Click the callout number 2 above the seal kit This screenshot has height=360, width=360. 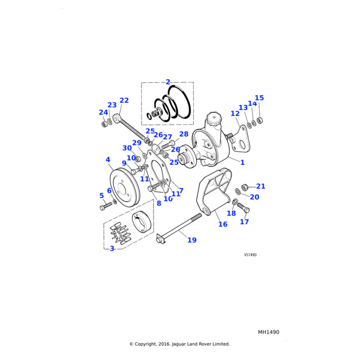[168, 82]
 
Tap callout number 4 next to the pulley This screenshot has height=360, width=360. [108, 160]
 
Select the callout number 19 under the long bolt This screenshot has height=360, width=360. [192, 241]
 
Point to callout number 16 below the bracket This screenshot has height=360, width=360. [223, 224]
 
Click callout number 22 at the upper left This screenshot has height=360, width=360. [124, 101]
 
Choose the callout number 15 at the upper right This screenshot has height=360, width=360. [259, 98]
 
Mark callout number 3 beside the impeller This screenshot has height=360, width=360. [112, 248]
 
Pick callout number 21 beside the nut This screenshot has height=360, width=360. [260, 187]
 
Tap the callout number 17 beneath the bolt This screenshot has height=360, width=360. [244, 222]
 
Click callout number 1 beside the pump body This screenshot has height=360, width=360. [242, 163]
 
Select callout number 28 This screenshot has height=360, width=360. [184, 134]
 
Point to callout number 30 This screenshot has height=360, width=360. [127, 148]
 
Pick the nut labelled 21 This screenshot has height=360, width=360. [245, 186]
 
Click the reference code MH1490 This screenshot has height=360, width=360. [269, 332]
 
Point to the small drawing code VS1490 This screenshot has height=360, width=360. [250, 255]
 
